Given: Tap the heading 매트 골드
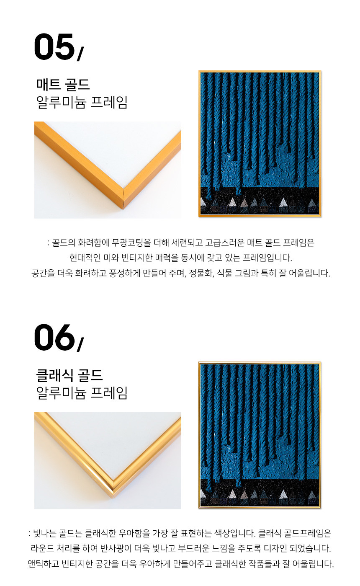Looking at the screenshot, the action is click(x=63, y=84).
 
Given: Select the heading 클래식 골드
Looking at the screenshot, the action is click(x=69, y=375).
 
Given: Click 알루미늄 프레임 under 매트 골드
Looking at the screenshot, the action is click(x=82, y=102).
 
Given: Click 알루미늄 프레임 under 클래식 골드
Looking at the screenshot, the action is click(x=82, y=393).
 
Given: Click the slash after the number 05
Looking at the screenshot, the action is click(x=80, y=54).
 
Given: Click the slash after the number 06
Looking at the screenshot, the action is click(x=80, y=345).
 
